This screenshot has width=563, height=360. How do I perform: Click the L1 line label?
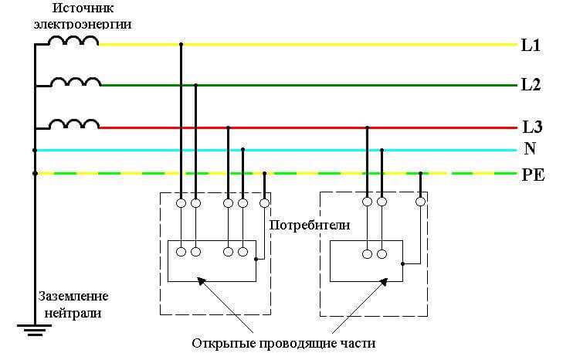(531, 46)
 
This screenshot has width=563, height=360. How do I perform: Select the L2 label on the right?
(531, 85)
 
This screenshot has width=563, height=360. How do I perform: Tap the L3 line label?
(533, 127)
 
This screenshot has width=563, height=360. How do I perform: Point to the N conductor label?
(530, 149)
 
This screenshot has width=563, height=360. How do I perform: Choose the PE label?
(533, 175)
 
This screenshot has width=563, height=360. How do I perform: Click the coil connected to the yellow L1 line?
(75, 40)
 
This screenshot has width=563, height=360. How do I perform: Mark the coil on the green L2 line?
(75, 81)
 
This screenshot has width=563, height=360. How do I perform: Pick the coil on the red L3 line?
(75, 124)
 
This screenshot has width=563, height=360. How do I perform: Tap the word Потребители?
(310, 226)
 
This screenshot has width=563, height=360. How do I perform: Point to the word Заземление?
(74, 297)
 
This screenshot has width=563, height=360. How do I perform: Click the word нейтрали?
(74, 314)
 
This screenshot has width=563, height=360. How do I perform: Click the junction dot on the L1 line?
(181, 44)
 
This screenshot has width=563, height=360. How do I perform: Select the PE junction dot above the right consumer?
(420, 173)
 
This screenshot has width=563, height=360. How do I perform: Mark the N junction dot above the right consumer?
(382, 150)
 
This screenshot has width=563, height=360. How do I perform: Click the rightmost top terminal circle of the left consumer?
(265, 203)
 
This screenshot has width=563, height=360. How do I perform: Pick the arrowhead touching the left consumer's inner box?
(203, 282)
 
